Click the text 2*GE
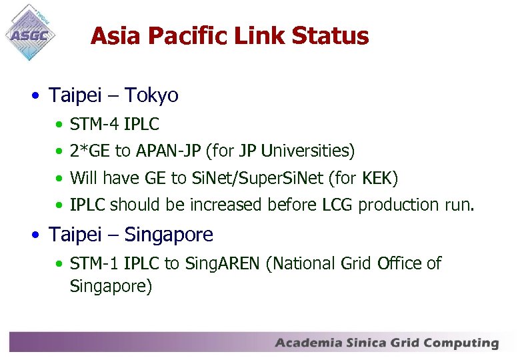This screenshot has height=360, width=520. click(x=91, y=151)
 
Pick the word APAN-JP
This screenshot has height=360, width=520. click(x=168, y=151)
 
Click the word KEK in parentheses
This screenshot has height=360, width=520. click(x=378, y=178)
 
